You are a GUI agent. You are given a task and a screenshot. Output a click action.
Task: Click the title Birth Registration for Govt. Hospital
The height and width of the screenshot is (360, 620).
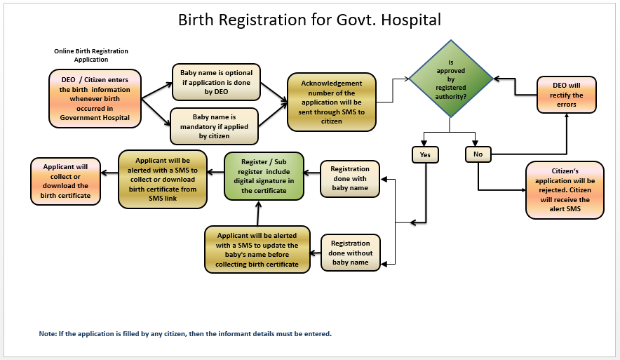pyautogui.click(x=309, y=19)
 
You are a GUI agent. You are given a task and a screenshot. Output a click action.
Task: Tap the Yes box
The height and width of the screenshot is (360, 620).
pyautogui.click(x=425, y=154)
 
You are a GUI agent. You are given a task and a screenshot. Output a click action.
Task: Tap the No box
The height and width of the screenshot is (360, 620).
pyautogui.click(x=478, y=154)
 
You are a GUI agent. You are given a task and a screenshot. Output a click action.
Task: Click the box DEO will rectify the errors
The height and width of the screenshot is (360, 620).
pyautogui.click(x=567, y=95)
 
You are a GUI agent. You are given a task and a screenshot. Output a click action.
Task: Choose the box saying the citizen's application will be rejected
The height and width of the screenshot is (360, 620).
pyautogui.click(x=565, y=190)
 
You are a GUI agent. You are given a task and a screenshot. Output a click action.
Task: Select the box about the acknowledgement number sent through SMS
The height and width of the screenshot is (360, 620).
pyautogui.click(x=332, y=102)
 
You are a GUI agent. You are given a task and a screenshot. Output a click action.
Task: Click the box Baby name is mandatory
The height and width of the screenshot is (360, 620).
pyautogui.click(x=215, y=126)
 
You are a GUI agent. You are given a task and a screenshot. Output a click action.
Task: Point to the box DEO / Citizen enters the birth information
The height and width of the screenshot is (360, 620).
pyautogui.click(x=95, y=98)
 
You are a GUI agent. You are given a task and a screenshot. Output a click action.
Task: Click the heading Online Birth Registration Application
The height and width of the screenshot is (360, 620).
pyautogui.click(x=91, y=55)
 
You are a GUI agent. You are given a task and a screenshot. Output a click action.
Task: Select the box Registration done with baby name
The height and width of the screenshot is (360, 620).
pyautogui.click(x=349, y=178)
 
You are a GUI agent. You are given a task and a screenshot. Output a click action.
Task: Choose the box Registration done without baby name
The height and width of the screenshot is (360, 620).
pyautogui.click(x=351, y=253)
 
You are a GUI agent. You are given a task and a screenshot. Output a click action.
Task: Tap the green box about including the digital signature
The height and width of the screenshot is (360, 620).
pyautogui.click(x=263, y=176)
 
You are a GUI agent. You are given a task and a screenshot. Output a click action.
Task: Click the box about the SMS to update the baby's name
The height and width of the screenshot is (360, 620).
pyautogui.click(x=257, y=249)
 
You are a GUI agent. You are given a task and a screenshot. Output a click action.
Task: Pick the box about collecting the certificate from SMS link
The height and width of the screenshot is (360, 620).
pyautogui.click(x=162, y=179)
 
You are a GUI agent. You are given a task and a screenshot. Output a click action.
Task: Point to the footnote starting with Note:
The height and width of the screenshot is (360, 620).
pyautogui.click(x=185, y=333)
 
